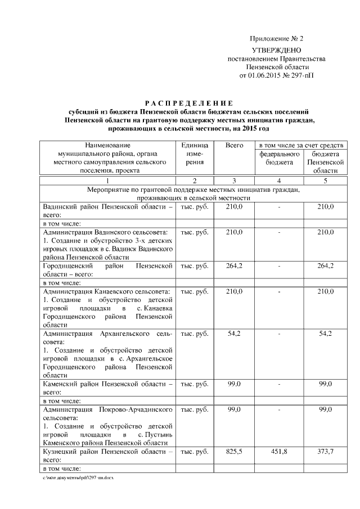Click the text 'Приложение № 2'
(276, 39)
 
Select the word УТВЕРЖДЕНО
(276, 51)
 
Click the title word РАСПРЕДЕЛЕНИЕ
(188, 103)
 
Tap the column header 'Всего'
(234, 145)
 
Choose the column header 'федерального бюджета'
(280, 157)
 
